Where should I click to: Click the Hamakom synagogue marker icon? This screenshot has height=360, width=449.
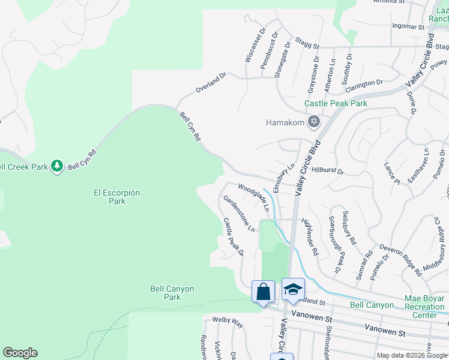point(313,122)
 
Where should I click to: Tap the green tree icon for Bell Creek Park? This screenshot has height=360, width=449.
point(57,166)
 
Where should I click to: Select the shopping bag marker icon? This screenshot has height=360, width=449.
point(263,292)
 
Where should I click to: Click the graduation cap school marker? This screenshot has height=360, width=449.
point(293,290)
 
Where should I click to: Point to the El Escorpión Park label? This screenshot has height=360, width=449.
point(116,197)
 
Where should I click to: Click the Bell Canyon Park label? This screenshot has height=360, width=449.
point(172,293)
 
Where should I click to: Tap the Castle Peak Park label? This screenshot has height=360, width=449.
point(336,103)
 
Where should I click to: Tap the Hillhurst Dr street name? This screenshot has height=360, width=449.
point(328,171)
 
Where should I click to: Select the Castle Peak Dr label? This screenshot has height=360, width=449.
point(234,236)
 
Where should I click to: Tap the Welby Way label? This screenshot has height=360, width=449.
point(229,325)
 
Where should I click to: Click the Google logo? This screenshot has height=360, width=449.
point(20,353)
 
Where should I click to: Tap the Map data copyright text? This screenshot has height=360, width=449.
point(412,355)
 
